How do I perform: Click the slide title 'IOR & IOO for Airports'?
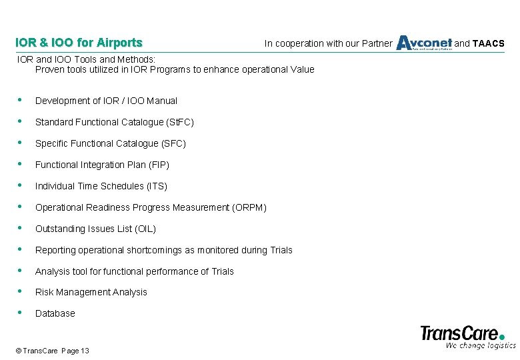[79, 43]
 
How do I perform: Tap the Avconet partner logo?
[424, 43]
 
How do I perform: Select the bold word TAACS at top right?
[489, 44]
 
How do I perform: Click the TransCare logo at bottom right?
[463, 332]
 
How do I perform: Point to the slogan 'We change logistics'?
[480, 345]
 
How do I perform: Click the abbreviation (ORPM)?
[249, 207]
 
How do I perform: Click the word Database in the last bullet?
[55, 313]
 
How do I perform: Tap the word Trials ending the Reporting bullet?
[281, 250]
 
